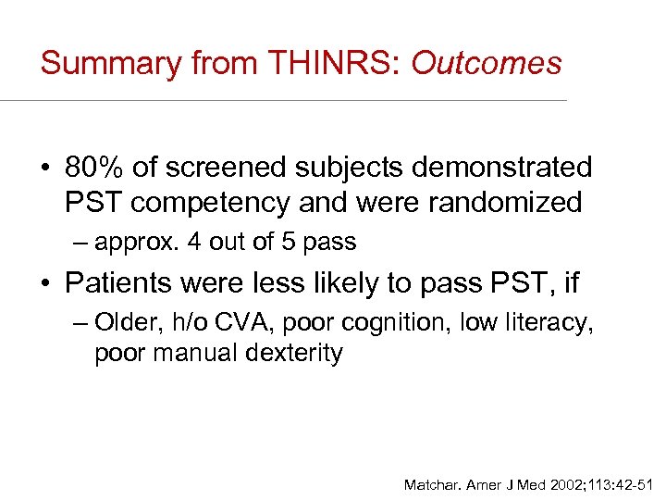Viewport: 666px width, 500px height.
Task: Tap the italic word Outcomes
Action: coord(487,63)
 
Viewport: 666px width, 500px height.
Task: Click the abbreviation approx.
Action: coord(137,243)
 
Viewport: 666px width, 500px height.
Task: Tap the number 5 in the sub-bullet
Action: coord(277,243)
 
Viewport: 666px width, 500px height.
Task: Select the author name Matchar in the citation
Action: coord(433,484)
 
